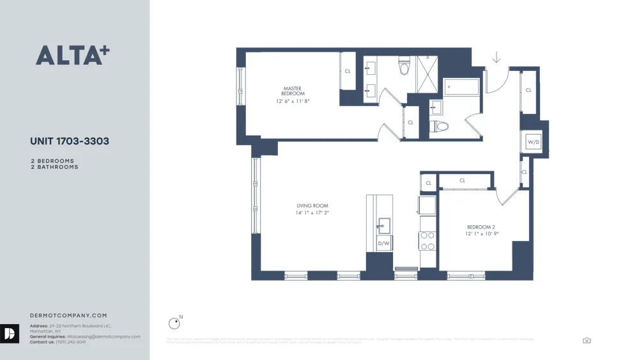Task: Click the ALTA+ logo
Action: pyautogui.click(x=72, y=55)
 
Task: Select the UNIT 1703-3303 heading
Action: pyautogui.click(x=70, y=141)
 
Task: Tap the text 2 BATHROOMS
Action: pyautogui.click(x=54, y=167)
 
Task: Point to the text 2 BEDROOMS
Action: pyautogui.click(x=52, y=161)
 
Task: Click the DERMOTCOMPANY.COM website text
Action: pyautogui.click(x=68, y=315)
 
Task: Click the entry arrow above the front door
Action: pyautogui.click(x=497, y=58)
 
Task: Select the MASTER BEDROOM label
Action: pyautogui.click(x=293, y=91)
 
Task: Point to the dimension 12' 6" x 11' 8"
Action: pyautogui.click(x=293, y=101)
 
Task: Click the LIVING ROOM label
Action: pyautogui.click(x=312, y=206)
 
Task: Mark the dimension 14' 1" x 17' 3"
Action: pyautogui.click(x=312, y=213)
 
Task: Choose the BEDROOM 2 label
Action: pyautogui.click(x=481, y=227)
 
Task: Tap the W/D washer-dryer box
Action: pyautogui.click(x=533, y=142)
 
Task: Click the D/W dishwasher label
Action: pyautogui.click(x=383, y=244)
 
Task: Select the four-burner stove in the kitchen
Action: pyautogui.click(x=427, y=241)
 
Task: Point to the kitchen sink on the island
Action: pyautogui.click(x=384, y=226)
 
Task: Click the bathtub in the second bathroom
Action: pyautogui.click(x=461, y=87)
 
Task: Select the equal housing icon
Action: pyautogui.click(x=587, y=341)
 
